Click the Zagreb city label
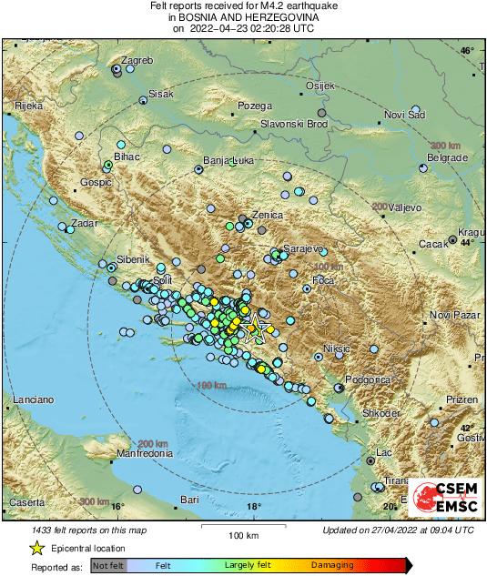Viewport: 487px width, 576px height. [x=137, y=61]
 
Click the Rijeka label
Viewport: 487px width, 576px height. [x=29, y=106]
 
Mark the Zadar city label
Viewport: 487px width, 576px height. [x=83, y=223]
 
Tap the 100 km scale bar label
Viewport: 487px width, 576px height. [x=243, y=535]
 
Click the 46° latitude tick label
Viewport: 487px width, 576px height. [x=466, y=51]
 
